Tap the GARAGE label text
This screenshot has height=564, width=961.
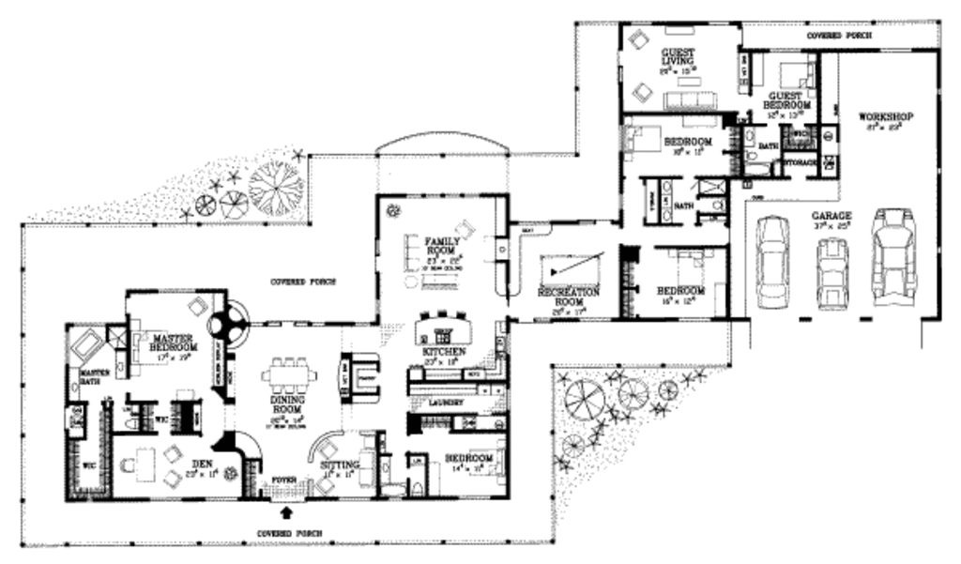831,215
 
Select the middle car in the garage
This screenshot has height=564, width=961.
832,272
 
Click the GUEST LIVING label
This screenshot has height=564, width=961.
676,57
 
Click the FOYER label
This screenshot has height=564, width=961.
284,480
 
